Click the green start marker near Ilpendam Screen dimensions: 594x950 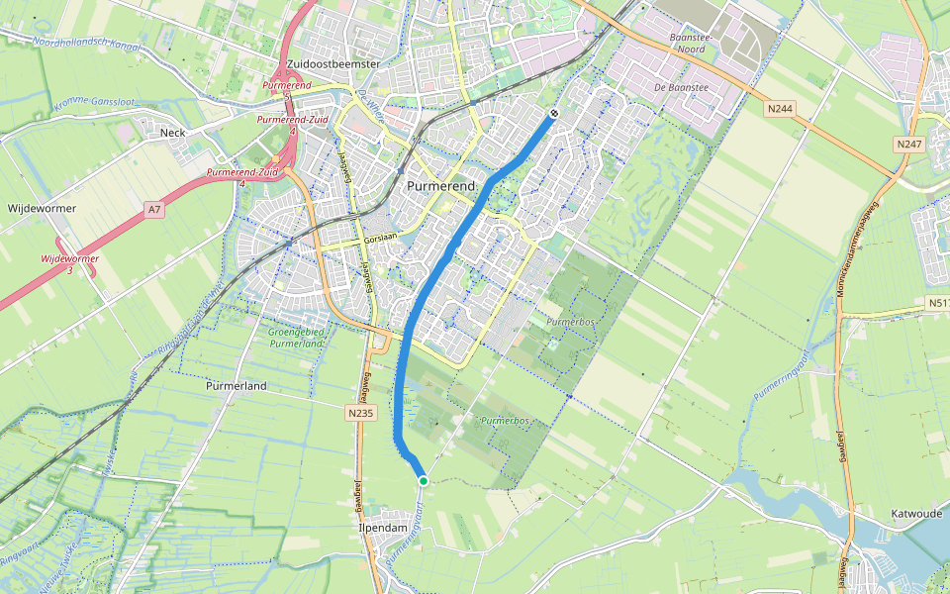point(424,480)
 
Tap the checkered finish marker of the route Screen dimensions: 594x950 point(554,114)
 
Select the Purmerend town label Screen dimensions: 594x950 point(441,185)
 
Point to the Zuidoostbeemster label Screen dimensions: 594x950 point(332,63)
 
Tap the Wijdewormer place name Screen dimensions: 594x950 point(42,209)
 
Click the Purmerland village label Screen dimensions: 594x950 point(237,385)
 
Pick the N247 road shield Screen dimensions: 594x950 point(908,145)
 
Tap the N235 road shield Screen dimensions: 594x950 point(361,413)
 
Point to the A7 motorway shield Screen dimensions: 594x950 point(153,210)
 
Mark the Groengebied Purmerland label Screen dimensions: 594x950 point(295,338)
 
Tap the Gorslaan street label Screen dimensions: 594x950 point(379,241)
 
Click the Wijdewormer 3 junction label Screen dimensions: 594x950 point(69,264)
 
